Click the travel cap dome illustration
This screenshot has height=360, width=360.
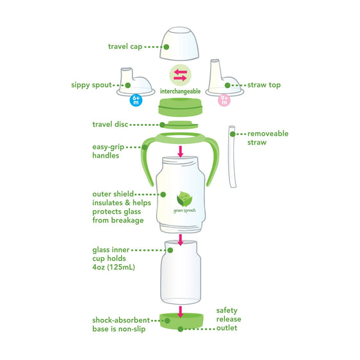[x=179, y=44]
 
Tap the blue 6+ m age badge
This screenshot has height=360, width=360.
[x=136, y=100]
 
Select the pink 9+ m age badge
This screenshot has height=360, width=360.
[x=224, y=100]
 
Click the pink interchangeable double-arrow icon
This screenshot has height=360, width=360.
[x=180, y=75]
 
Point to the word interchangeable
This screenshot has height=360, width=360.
[x=180, y=91]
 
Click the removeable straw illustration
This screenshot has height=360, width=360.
[x=232, y=156]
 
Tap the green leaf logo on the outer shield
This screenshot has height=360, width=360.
[x=184, y=199]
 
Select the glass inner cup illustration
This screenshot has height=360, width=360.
[x=181, y=273]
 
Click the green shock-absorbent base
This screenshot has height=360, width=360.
[x=181, y=321]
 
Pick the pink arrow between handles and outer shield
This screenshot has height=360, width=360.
[x=181, y=152]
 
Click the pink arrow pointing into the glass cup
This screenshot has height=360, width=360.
[x=181, y=240]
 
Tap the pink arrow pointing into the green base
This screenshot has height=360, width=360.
[x=181, y=312]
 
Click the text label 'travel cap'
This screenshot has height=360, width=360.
[x=125, y=46]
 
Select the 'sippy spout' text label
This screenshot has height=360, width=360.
[x=91, y=85]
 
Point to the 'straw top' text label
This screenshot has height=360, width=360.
[x=264, y=85]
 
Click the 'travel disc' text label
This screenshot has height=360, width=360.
[x=110, y=124]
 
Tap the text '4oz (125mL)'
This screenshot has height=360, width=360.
[x=114, y=267]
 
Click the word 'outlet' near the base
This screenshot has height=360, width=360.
[x=227, y=328]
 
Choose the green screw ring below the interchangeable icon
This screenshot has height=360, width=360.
[x=181, y=107]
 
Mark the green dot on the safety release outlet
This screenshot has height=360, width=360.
[x=181, y=329]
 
